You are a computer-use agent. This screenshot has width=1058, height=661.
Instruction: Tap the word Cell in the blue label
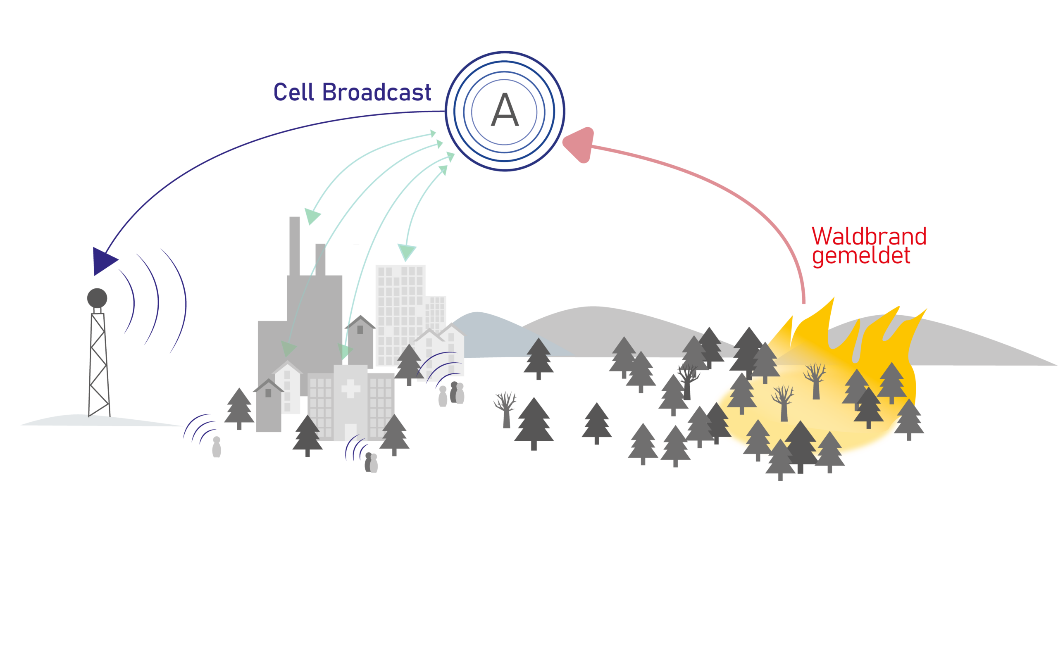293,92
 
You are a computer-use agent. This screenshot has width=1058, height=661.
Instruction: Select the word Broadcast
376,92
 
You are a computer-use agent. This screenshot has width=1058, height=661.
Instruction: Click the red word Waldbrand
868,236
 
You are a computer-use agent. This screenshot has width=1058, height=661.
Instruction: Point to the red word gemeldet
861,256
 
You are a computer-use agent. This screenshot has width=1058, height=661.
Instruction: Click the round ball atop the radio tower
97,298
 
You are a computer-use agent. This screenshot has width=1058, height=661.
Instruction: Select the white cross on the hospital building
350,388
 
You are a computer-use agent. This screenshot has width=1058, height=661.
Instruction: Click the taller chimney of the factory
295,245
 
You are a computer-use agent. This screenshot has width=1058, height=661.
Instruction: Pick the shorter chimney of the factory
320,259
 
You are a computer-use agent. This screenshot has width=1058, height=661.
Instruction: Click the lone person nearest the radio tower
217,447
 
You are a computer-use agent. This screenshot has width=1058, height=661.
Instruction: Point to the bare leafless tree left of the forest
505,409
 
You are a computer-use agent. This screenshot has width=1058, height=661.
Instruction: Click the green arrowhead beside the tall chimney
312,216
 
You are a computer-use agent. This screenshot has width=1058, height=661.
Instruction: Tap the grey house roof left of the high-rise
360,322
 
